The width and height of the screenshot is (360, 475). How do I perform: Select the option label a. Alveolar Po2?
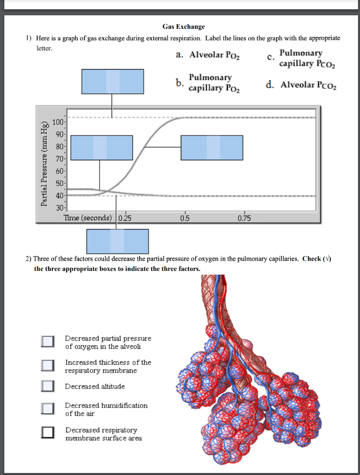coord(208,55)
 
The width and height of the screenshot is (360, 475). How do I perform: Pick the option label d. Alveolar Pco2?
coord(302,85)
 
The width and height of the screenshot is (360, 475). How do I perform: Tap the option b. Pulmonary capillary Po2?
coord(207,82)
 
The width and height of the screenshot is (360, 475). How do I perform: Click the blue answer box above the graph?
coord(113,81)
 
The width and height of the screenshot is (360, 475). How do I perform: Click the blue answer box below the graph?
coord(117,241)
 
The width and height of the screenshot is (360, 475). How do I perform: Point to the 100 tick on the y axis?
coord(58,122)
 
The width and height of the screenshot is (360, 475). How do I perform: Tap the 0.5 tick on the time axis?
coord(185,218)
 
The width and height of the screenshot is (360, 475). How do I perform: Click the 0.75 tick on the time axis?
coord(244,218)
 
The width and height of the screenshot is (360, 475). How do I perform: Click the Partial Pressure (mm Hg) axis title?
coord(45,163)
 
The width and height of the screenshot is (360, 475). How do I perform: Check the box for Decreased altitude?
coord(47,386)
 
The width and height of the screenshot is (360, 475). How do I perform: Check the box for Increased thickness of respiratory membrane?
coord(47,366)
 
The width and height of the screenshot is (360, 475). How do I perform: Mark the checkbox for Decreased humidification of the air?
coord(47,408)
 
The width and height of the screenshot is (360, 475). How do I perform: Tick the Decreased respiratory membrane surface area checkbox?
coord(47,432)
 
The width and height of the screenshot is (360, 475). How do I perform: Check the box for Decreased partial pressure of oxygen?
coord(47,342)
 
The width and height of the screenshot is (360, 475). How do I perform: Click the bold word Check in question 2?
coord(311,259)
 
